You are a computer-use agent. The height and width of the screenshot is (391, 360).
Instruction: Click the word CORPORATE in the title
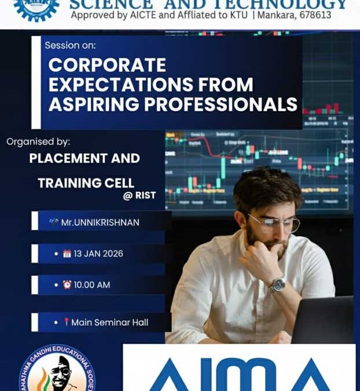pos(107,65)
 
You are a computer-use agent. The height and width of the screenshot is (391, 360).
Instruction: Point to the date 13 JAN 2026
pos(98,254)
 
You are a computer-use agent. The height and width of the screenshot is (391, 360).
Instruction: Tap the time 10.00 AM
pos(92,285)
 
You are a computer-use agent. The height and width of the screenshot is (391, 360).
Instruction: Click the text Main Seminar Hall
pos(110,322)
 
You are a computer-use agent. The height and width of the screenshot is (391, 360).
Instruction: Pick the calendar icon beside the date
pos(67,254)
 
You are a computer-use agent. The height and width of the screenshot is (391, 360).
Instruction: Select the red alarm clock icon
pos(67,285)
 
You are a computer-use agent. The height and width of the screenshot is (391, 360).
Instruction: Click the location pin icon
pos(67,322)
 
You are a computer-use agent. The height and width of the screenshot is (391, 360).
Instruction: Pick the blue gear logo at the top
pos(36,8)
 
